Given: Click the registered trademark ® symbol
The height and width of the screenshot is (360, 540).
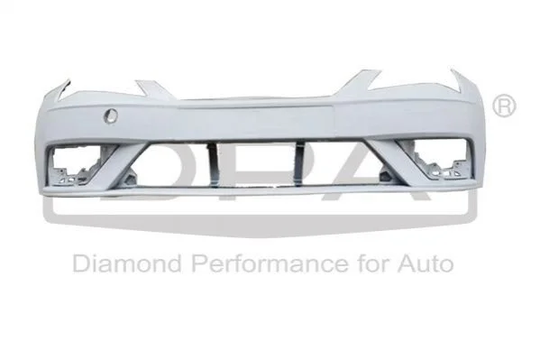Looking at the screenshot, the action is pos(504,106).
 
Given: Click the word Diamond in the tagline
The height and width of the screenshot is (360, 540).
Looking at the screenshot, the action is pos(127,263).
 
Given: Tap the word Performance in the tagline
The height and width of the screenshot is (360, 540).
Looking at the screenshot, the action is pos(270,263).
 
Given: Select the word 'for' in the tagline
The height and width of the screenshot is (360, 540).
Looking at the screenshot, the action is pos(373,263).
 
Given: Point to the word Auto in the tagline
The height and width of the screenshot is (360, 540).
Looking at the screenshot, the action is pos(426,263).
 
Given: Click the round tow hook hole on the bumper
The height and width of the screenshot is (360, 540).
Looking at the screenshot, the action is pos(110,115).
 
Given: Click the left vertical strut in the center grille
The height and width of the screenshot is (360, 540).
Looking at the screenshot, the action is pos(213,165).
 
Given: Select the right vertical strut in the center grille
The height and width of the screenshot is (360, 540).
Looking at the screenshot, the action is pos(300,164).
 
